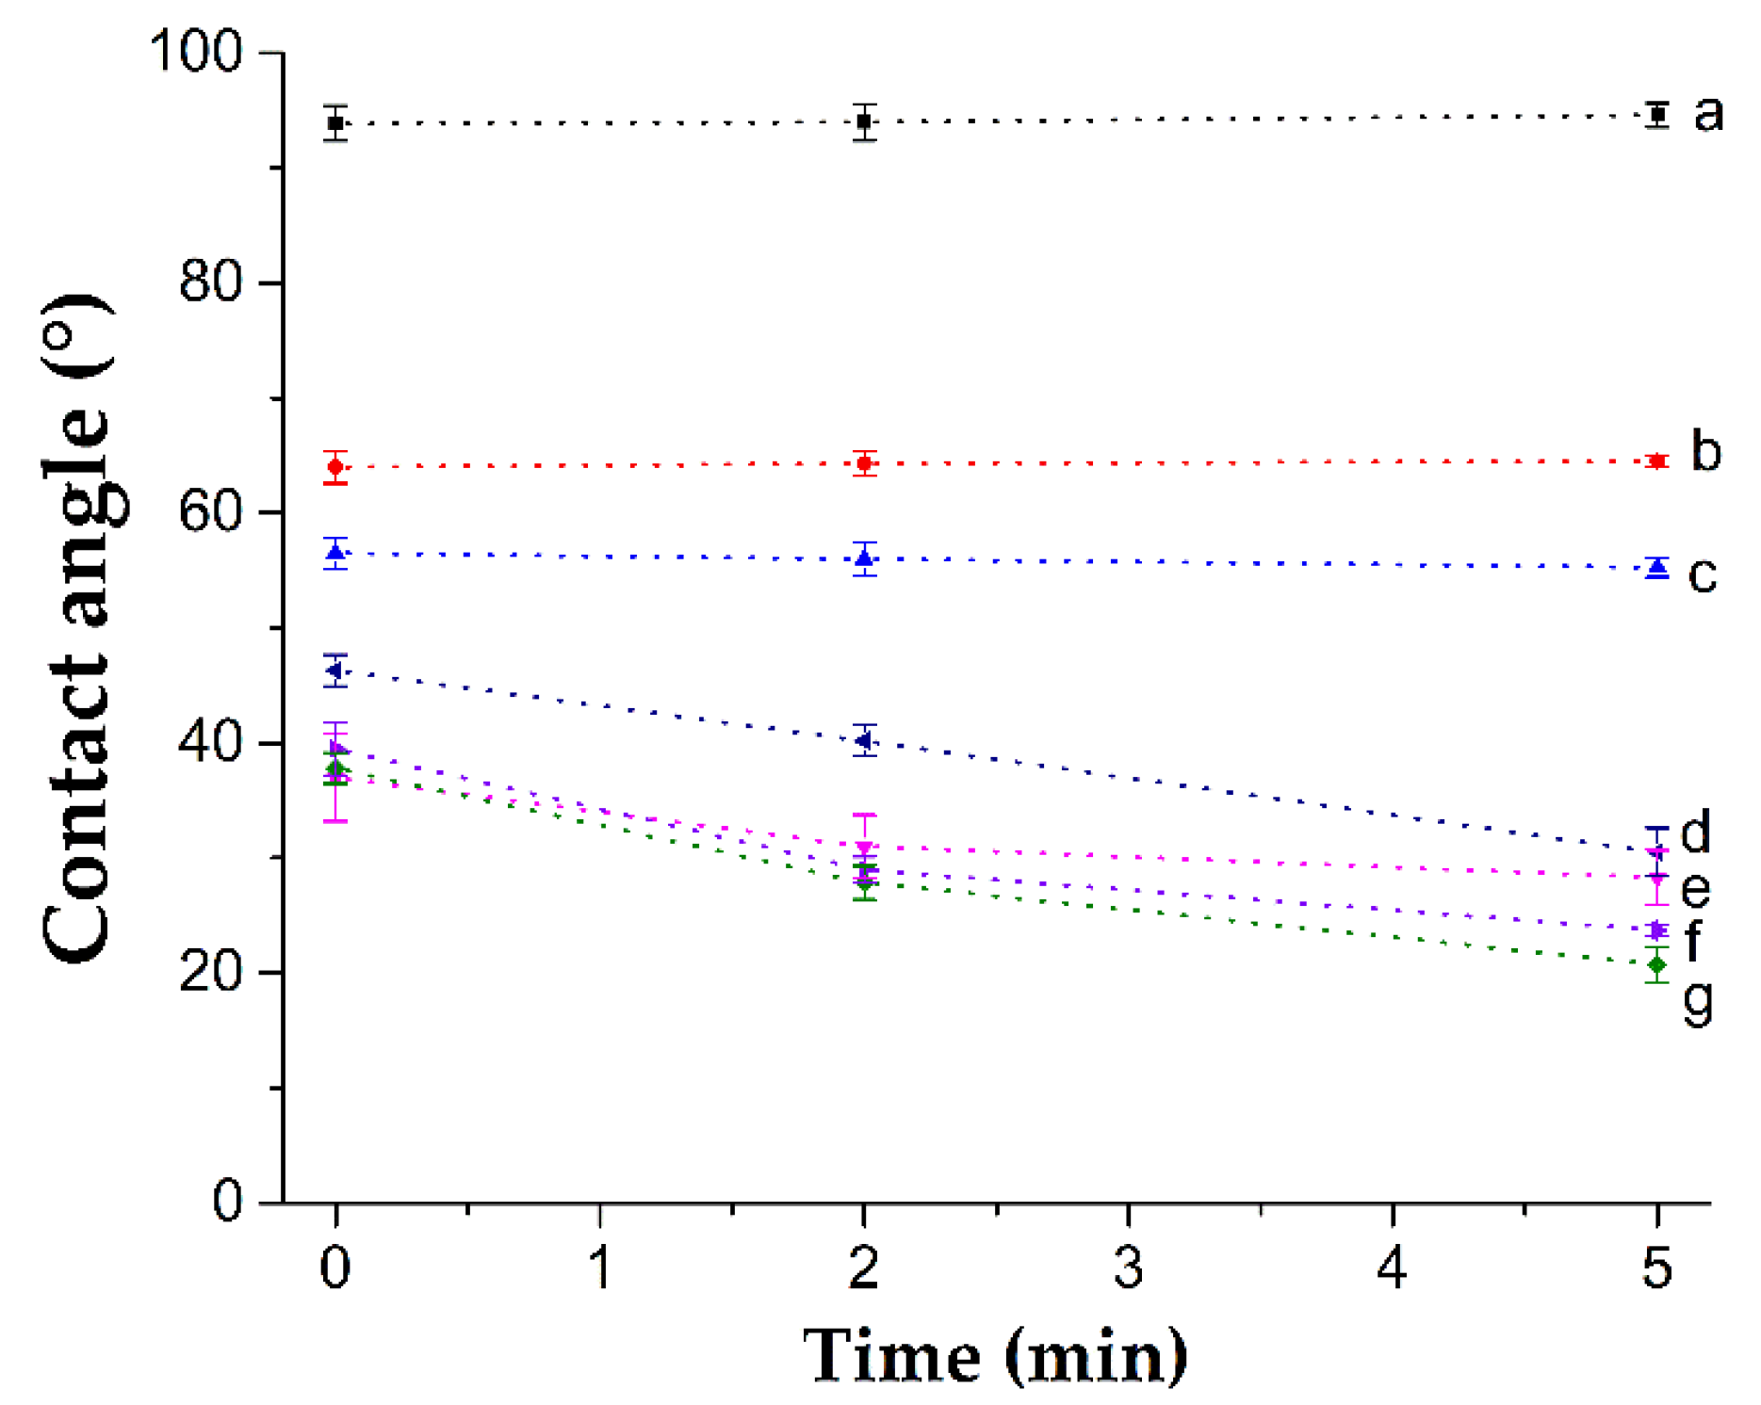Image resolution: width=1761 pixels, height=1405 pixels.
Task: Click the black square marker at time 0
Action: tap(335, 123)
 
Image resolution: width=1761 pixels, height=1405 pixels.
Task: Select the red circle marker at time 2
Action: tap(864, 463)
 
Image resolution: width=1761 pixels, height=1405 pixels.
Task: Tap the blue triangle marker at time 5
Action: tap(1657, 567)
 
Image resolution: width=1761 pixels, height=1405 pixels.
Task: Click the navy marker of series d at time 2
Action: tap(864, 741)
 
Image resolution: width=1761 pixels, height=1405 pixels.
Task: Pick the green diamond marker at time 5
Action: tap(1657, 965)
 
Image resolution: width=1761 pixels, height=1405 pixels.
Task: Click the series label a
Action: tap(1708, 113)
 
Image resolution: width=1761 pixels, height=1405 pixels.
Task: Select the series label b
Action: tap(1706, 452)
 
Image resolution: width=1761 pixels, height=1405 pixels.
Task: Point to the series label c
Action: tap(1703, 574)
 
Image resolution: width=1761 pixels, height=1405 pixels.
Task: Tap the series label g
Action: tap(1698, 1002)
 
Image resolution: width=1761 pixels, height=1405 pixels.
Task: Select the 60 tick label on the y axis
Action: tap(210, 512)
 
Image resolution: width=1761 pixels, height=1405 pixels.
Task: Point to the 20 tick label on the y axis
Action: tap(210, 972)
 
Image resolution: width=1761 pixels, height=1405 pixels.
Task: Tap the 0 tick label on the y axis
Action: tap(227, 1202)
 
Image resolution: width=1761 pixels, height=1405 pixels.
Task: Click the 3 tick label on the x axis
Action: tap(1129, 1268)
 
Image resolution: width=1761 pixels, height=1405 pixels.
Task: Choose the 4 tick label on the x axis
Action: tap(1392, 1268)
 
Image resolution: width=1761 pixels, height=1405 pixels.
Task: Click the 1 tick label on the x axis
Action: tap(600, 1268)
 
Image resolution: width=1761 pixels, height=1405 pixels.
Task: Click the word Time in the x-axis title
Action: tap(891, 1356)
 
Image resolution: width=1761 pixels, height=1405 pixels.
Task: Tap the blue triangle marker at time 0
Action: tap(335, 553)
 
